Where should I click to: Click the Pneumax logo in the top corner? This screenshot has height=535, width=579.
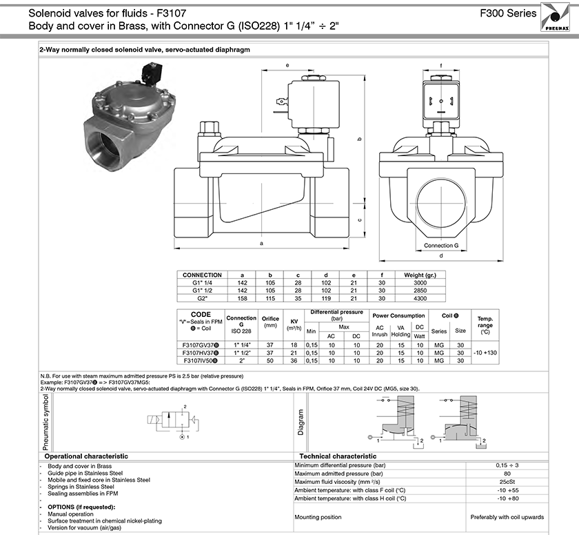click(555, 17)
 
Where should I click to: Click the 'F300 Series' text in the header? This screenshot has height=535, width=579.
click(508, 13)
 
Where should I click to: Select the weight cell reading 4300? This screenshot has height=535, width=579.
click(420, 298)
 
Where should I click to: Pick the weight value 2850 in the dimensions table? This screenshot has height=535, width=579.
click(420, 291)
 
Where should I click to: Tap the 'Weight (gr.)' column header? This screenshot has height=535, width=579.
click(420, 275)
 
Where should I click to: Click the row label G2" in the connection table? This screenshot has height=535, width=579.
click(202, 298)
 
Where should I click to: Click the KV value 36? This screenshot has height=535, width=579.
click(294, 360)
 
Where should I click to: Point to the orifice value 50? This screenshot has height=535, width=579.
click(270, 360)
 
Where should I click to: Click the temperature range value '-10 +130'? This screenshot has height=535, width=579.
click(485, 353)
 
